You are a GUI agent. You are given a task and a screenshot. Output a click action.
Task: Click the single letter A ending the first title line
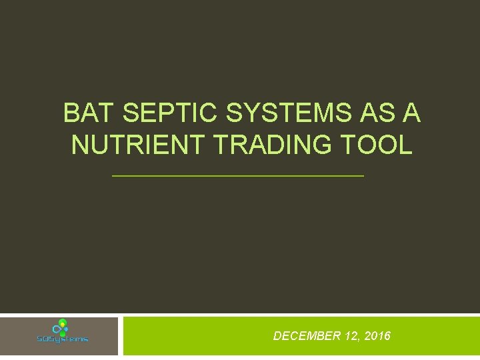click(411, 113)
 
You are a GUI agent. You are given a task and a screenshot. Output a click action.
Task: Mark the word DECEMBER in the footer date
click(307, 336)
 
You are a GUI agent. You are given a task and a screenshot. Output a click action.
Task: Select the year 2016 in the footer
click(377, 336)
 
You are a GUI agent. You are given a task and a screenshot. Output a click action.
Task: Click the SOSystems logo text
click(62, 339)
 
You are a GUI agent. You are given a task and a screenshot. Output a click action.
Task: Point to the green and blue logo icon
click(62, 327)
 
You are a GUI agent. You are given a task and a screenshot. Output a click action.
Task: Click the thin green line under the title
click(238, 176)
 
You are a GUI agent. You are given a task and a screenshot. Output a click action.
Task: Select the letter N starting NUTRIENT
click(79, 145)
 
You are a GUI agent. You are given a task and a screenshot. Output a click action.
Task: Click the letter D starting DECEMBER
click(277, 336)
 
